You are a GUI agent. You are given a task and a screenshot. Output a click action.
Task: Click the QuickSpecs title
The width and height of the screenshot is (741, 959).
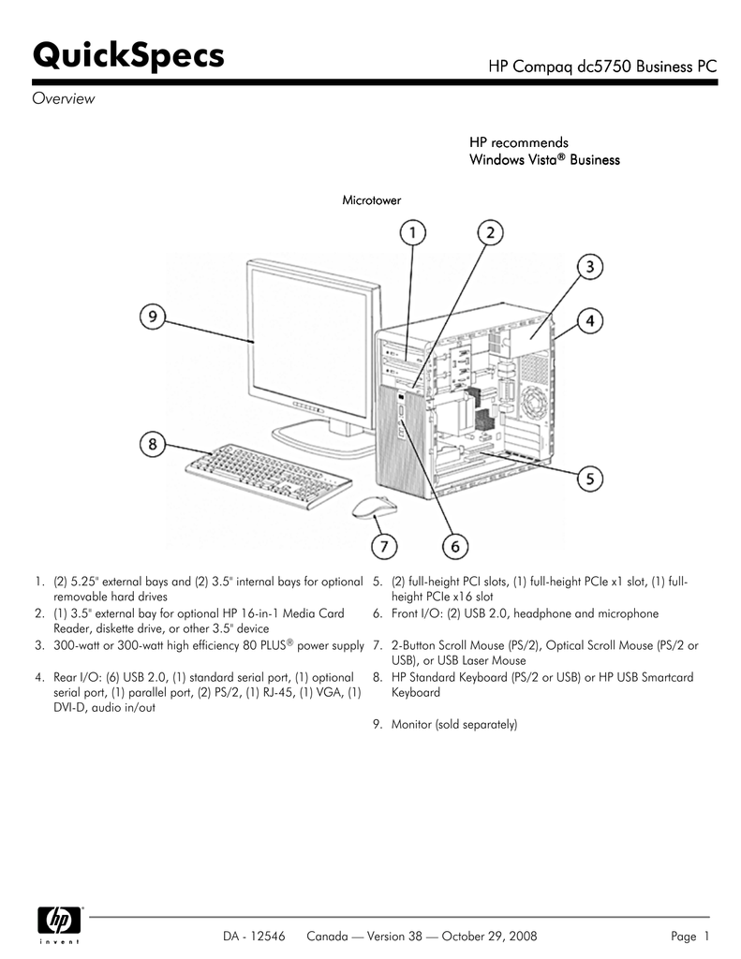click(129, 55)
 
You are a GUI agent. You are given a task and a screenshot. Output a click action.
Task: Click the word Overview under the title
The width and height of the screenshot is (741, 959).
click(64, 99)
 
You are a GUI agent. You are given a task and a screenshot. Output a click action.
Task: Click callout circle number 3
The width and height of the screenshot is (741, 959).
click(589, 268)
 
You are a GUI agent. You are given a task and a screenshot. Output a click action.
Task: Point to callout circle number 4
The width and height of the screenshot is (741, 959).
click(589, 321)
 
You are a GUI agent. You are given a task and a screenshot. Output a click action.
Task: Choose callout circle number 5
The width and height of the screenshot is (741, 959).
click(589, 479)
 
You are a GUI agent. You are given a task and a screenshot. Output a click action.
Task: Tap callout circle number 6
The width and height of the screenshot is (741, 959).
click(453, 544)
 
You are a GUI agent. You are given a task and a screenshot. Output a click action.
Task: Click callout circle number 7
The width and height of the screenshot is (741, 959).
click(381, 544)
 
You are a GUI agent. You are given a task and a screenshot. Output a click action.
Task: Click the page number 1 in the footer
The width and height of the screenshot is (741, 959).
click(706, 936)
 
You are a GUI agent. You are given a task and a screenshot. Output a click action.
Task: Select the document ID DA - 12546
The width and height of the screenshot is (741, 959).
click(256, 936)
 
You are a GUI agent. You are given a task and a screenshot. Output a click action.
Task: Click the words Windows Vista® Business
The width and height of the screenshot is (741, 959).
click(544, 160)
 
